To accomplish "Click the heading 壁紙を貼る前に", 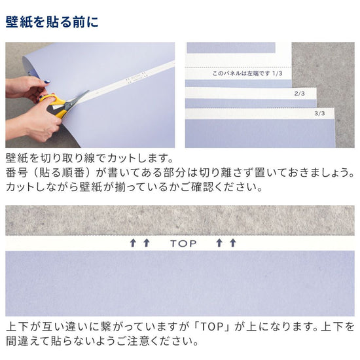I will coord(52,22).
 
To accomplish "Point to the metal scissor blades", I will coord(75,100).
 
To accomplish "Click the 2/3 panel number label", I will coord(300,94).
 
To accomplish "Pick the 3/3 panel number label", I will coord(319,113).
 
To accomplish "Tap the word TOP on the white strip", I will coord(183,243).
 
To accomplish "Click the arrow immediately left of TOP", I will coord(147,243).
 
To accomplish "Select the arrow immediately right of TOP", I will coord(219,243).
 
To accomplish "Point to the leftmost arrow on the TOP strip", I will coord(133,243).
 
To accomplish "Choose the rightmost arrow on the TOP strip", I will coord(232,243).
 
